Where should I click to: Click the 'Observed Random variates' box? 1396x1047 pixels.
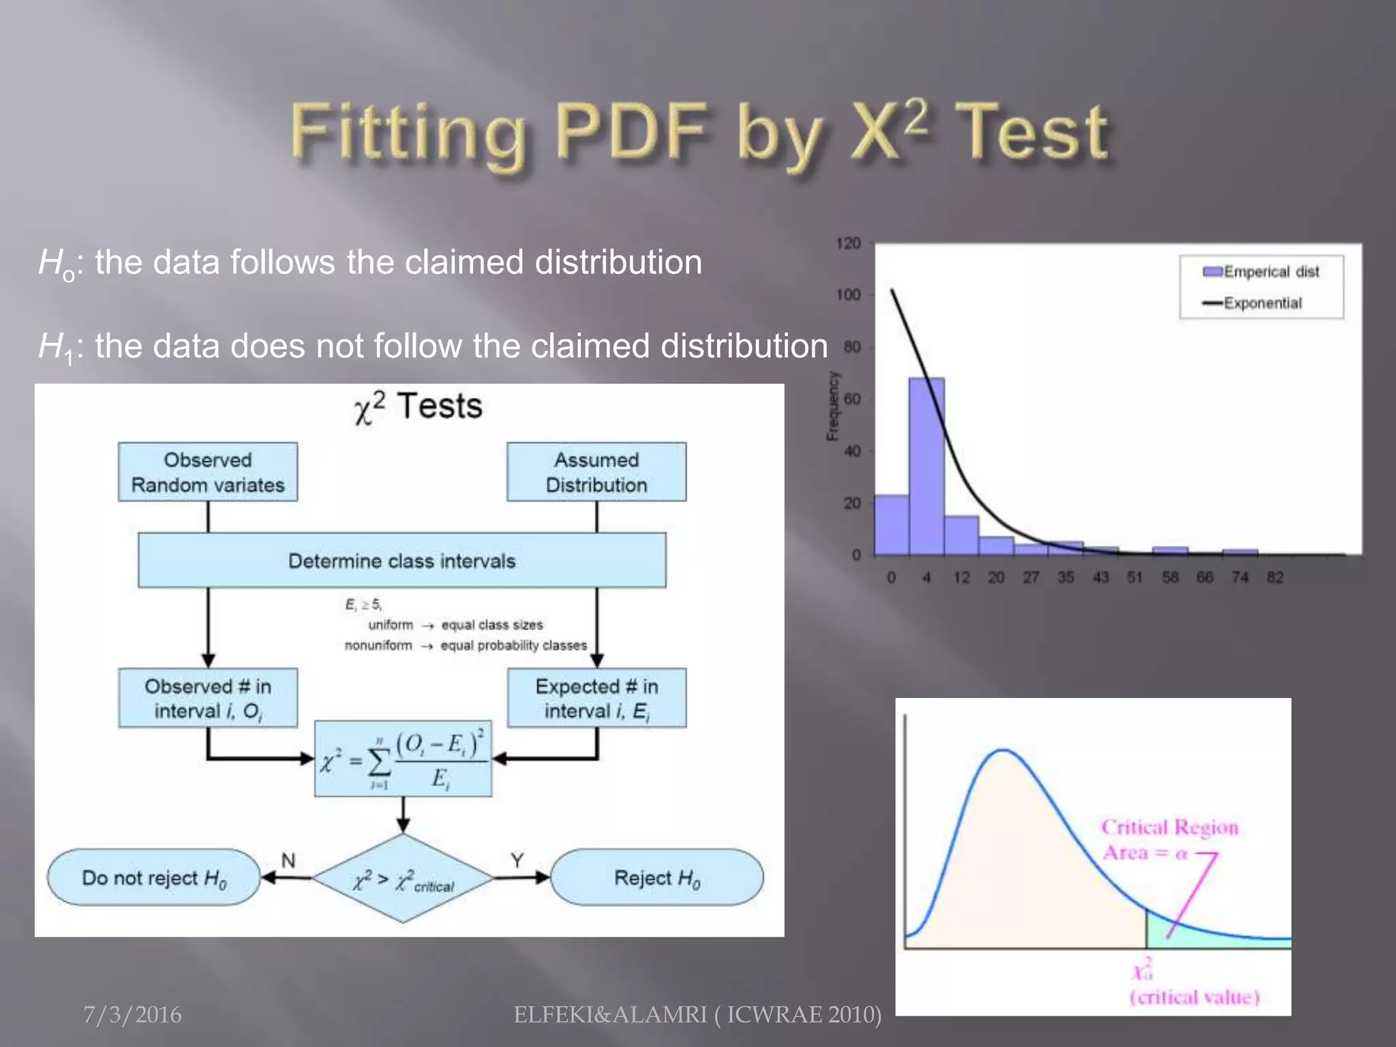click(x=208, y=472)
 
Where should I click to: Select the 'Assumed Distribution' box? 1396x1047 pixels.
click(x=596, y=472)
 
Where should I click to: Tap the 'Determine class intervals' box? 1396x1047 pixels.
click(x=402, y=560)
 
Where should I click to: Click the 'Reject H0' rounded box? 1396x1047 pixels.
click(x=657, y=877)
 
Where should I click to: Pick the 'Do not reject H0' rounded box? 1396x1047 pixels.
click(x=154, y=877)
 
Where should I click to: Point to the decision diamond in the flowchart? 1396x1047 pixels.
click(x=403, y=879)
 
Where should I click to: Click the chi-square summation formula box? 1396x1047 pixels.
click(x=403, y=759)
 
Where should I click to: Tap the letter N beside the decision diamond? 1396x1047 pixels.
click(x=288, y=861)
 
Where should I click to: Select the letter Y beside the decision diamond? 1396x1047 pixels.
click(x=517, y=861)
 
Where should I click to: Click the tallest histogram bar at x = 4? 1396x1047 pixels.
click(x=926, y=470)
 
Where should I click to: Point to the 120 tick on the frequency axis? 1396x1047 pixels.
click(x=848, y=243)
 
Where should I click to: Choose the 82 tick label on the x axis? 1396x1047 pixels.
click(x=1275, y=578)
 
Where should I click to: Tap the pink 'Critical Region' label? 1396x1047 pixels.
click(x=1170, y=828)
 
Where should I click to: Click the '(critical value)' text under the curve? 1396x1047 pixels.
click(x=1194, y=997)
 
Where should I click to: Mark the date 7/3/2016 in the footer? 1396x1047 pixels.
click(x=132, y=1015)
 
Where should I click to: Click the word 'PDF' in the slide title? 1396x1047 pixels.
click(x=631, y=132)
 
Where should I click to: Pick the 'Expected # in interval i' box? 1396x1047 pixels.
click(x=596, y=698)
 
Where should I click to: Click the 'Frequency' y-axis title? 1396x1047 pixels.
click(x=832, y=406)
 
